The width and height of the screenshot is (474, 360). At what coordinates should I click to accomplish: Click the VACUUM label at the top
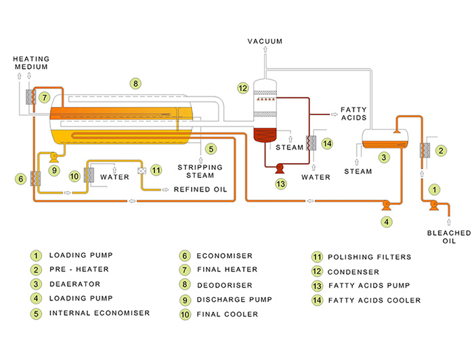[x=265, y=42]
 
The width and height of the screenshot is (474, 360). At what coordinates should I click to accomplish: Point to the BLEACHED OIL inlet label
[x=448, y=237]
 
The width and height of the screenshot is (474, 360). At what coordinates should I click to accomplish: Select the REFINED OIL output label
[x=200, y=189]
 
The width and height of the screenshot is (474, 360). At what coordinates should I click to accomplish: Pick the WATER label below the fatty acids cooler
[x=316, y=177]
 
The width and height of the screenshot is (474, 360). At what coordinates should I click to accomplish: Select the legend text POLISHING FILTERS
[x=369, y=257]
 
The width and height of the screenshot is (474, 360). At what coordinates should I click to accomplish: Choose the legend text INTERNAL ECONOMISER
[x=99, y=313]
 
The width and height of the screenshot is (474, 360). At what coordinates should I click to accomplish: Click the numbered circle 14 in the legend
[x=316, y=300]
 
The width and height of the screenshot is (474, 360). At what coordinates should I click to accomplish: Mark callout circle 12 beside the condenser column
[x=243, y=87]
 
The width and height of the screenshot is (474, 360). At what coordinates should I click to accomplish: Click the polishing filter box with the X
[x=142, y=171]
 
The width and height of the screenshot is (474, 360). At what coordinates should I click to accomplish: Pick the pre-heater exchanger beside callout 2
[x=425, y=151]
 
